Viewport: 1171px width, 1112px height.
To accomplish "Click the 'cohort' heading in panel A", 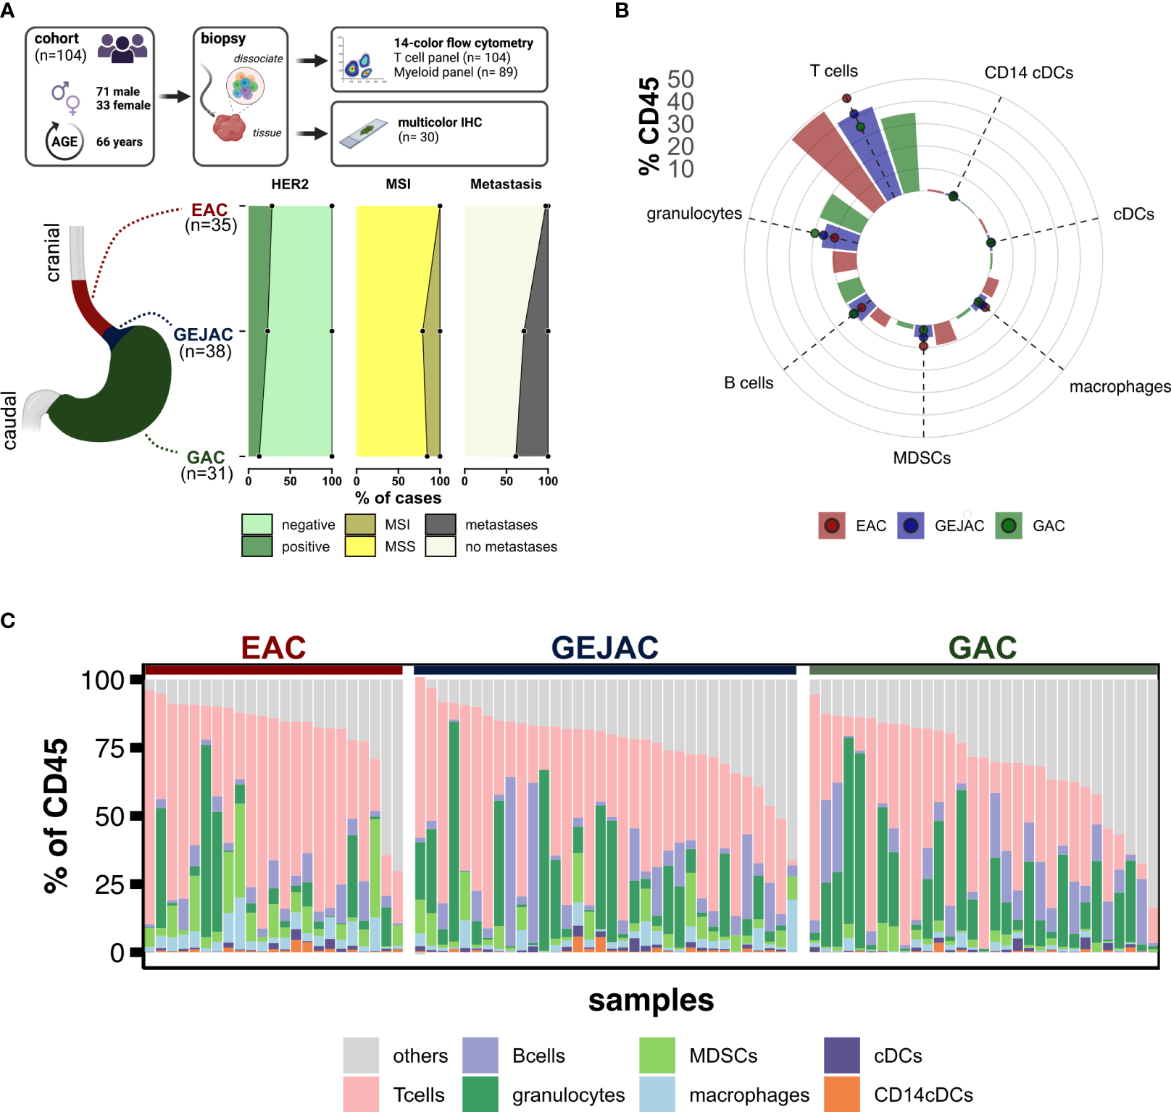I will pyautogui.click(x=57, y=38).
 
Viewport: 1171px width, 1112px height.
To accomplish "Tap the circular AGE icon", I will pyautogui.click(x=64, y=141).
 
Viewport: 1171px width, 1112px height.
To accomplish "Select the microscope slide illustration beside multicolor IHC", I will pyautogui.click(x=364, y=133).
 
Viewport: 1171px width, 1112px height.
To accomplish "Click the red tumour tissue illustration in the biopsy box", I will pyautogui.click(x=229, y=127).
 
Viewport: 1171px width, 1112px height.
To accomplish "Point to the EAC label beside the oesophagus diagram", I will pyautogui.click(x=209, y=210).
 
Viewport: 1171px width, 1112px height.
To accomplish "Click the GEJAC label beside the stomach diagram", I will pyautogui.click(x=203, y=335).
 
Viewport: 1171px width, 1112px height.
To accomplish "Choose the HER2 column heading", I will pyautogui.click(x=290, y=184).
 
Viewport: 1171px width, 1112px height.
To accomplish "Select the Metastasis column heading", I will pyautogui.click(x=506, y=184).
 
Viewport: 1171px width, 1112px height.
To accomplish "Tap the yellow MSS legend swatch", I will pyautogui.click(x=360, y=546).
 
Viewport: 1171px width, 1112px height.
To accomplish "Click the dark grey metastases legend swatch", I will pyautogui.click(x=441, y=524).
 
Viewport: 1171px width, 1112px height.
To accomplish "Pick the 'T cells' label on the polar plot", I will pyautogui.click(x=833, y=71).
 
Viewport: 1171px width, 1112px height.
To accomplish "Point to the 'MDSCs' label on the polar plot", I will pyautogui.click(x=922, y=458).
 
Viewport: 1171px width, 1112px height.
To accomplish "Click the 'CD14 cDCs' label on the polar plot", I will pyautogui.click(x=1028, y=72).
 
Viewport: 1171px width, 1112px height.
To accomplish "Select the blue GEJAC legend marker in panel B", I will pyautogui.click(x=911, y=526).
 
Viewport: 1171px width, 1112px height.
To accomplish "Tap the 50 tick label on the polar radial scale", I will pyautogui.click(x=680, y=79).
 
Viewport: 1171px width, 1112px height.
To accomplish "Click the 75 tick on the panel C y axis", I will pyautogui.click(x=111, y=748).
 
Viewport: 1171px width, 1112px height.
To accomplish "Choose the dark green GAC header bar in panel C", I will pyautogui.click(x=983, y=670).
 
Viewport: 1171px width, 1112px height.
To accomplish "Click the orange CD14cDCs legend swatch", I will pyautogui.click(x=842, y=1094).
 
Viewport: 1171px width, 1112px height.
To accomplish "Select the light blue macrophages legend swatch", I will pyautogui.click(x=657, y=1094).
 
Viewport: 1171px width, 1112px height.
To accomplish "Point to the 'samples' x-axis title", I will pyautogui.click(x=651, y=1000).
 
